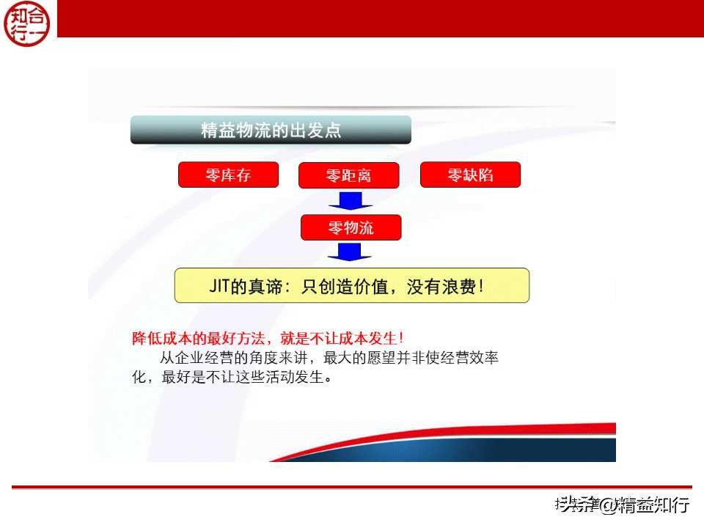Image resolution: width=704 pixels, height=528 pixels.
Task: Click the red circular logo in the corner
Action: point(29,23)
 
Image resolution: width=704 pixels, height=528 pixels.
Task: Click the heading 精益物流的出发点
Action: point(271,131)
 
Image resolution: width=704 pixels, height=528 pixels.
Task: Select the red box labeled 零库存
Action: point(228,175)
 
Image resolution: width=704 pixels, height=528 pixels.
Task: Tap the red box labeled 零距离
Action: point(348,176)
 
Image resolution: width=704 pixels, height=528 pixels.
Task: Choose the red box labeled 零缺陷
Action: point(470,175)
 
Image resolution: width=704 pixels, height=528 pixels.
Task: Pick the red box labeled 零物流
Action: point(351,227)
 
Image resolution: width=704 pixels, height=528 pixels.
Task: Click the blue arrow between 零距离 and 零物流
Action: point(350,200)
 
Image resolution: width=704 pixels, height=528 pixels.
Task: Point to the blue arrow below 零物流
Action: point(350,252)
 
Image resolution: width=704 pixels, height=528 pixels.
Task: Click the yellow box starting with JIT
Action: point(351,286)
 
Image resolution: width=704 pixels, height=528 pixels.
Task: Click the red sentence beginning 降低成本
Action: point(268,339)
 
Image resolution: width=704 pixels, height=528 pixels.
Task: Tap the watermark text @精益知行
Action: point(645,505)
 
